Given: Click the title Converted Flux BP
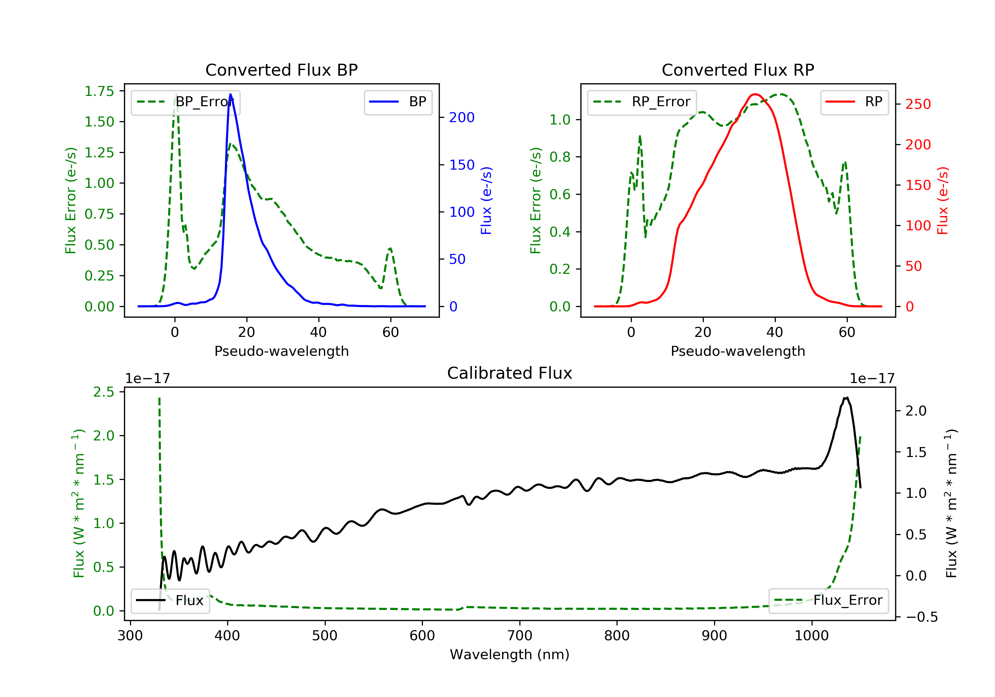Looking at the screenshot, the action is (282, 70).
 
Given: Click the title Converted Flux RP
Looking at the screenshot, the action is (738, 70).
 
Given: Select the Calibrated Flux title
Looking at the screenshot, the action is (510, 373).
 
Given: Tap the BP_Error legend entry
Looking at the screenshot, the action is (185, 102).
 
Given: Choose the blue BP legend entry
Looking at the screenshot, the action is (398, 102).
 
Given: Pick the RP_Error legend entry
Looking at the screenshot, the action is (642, 102).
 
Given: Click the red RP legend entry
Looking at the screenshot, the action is (854, 102).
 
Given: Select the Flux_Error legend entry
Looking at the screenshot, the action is (828, 600).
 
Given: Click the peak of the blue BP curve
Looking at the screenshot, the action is (231, 94).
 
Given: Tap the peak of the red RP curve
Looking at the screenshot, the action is (755, 94).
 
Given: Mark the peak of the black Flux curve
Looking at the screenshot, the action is (846, 398).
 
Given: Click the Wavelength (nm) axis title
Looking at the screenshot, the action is (510, 655).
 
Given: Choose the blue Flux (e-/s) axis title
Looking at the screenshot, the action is (486, 201).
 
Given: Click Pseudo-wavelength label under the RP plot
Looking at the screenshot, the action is (738, 351).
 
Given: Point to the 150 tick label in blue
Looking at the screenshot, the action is (462, 165).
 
